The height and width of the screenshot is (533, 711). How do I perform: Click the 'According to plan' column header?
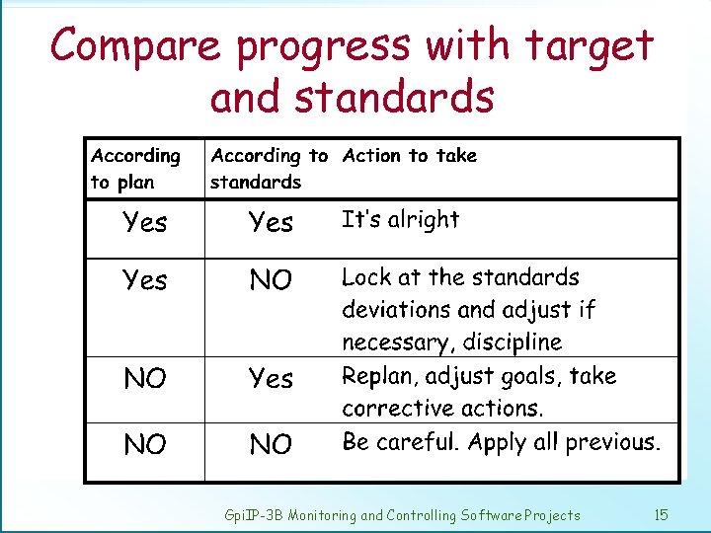pyautogui.click(x=135, y=169)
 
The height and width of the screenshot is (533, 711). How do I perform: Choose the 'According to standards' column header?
pyautogui.click(x=269, y=169)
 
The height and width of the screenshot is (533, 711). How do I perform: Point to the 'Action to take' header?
pyautogui.click(x=409, y=155)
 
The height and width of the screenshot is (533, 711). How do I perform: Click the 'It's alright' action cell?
pyautogui.click(x=400, y=219)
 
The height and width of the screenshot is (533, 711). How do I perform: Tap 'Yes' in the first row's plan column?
pyautogui.click(x=145, y=222)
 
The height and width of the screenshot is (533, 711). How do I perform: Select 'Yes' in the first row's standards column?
pyautogui.click(x=271, y=222)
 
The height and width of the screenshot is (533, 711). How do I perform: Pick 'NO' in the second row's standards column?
pyautogui.click(x=271, y=281)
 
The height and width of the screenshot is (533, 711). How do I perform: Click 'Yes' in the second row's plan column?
pyautogui.click(x=145, y=281)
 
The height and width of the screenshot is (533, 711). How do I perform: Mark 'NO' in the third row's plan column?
pyautogui.click(x=145, y=379)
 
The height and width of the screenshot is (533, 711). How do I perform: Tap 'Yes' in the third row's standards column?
pyautogui.click(x=271, y=379)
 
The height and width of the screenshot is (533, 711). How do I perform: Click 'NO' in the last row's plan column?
pyautogui.click(x=145, y=445)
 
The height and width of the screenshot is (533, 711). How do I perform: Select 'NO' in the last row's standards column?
pyautogui.click(x=271, y=445)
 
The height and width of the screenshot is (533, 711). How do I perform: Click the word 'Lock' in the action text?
pyautogui.click(x=366, y=277)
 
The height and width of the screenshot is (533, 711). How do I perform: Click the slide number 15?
pyautogui.click(x=661, y=514)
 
